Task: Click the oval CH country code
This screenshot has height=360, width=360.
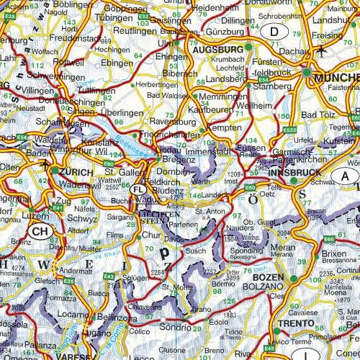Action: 40,231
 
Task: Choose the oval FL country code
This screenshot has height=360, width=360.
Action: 140,190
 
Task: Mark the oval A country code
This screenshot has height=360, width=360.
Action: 347,176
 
